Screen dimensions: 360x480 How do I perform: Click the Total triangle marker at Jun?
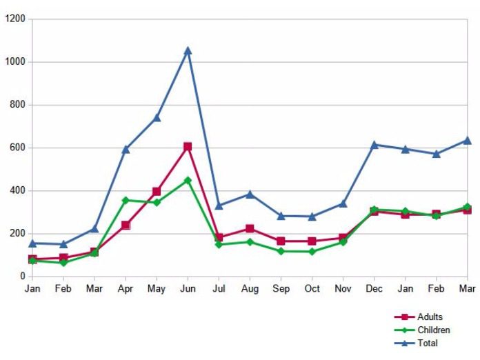(188, 50)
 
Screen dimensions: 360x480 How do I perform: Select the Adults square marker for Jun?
(188, 147)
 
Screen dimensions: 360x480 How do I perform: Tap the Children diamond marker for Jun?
(188, 180)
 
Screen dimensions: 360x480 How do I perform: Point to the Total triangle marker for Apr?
(126, 149)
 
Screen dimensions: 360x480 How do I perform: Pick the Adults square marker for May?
(157, 191)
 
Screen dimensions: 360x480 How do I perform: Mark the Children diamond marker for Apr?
(126, 200)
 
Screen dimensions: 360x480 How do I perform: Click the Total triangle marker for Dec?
(374, 145)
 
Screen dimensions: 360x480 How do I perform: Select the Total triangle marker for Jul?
(219, 206)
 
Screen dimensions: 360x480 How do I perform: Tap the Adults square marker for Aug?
(250, 228)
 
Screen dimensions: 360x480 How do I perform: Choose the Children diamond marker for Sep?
(281, 250)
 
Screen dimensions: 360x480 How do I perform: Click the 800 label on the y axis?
(17, 105)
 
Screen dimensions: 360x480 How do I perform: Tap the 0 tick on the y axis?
(23, 276)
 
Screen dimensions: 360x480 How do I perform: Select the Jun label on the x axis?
(188, 289)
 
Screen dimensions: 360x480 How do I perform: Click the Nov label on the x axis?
(343, 289)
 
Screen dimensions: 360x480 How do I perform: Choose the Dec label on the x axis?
(374, 289)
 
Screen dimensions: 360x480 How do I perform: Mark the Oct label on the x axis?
(312, 289)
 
